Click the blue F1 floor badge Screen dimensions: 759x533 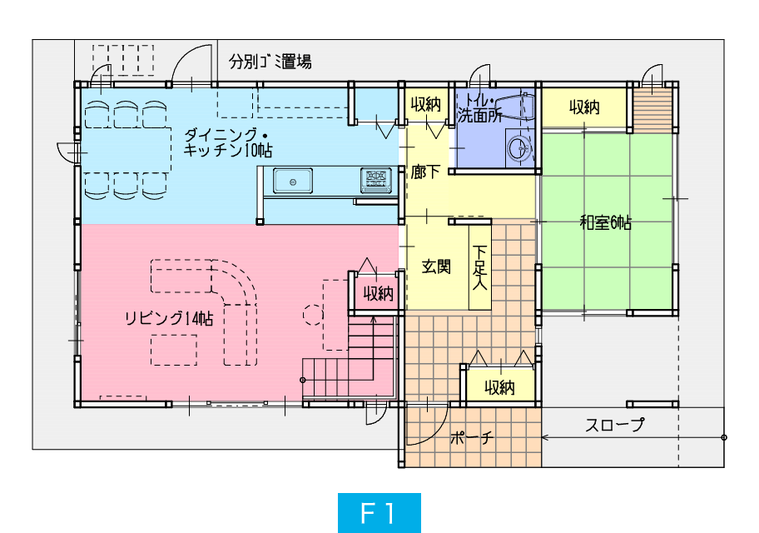pyautogui.click(x=379, y=513)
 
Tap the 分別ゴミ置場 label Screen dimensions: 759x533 pyautogui.click(x=270, y=62)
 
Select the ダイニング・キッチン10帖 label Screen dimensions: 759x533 pyautogui.click(x=227, y=142)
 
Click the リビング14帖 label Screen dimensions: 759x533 pyautogui.click(x=168, y=318)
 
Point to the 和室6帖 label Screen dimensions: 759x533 pyautogui.click(x=606, y=223)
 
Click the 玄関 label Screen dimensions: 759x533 pyautogui.click(x=436, y=266)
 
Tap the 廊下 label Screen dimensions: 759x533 pyautogui.click(x=425, y=172)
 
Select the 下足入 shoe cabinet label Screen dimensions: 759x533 pyautogui.click(x=479, y=267)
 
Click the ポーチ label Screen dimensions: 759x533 pyautogui.click(x=472, y=437)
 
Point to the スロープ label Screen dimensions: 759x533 pyautogui.click(x=615, y=425)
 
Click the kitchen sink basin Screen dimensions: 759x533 pyautogui.click(x=292, y=182)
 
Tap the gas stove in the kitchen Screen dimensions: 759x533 pyautogui.click(x=375, y=180)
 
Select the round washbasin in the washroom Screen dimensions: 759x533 pyautogui.click(x=519, y=147)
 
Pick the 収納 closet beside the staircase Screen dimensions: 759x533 pyautogui.click(x=379, y=293)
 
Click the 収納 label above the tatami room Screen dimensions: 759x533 pyautogui.click(x=584, y=107)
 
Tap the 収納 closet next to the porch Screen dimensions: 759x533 pyautogui.click(x=499, y=387)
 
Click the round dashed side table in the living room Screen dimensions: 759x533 pyautogui.click(x=313, y=315)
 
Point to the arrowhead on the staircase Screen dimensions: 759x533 pyautogui.click(x=373, y=319)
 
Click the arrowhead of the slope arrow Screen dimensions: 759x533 pyautogui.click(x=544, y=437)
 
